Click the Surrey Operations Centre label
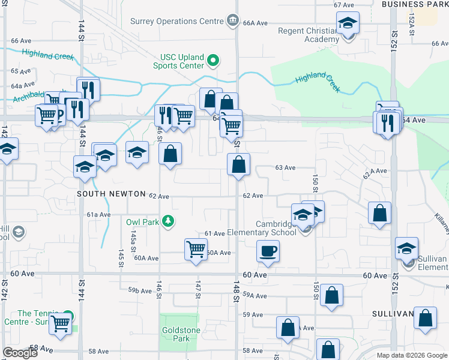pos(177,22)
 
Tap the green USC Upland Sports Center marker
pos(212,60)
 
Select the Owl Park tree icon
pos(169,221)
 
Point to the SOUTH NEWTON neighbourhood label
pos(111,194)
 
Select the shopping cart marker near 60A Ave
pos(196,248)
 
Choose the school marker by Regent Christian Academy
pos(347,23)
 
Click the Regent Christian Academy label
pos(309,35)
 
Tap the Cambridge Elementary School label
pos(276,228)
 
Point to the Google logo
pos(20,353)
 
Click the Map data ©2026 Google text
pos(412,355)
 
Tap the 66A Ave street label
pos(255,23)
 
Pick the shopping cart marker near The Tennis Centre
pos(60,323)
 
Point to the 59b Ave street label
pos(139,291)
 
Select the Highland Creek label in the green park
pos(318,81)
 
